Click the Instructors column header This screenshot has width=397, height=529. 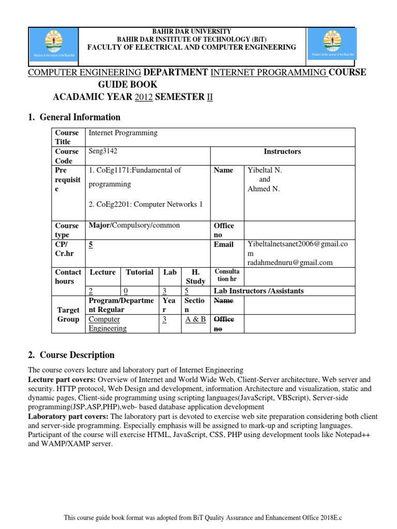[282, 151]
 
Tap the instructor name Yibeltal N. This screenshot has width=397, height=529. [265, 170]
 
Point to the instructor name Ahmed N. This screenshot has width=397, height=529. [264, 189]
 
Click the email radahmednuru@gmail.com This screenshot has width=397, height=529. [290, 262]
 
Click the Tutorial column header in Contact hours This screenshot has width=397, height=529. [139, 272]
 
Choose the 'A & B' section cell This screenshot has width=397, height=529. [195, 319]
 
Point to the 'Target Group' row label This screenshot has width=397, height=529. [68, 314]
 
